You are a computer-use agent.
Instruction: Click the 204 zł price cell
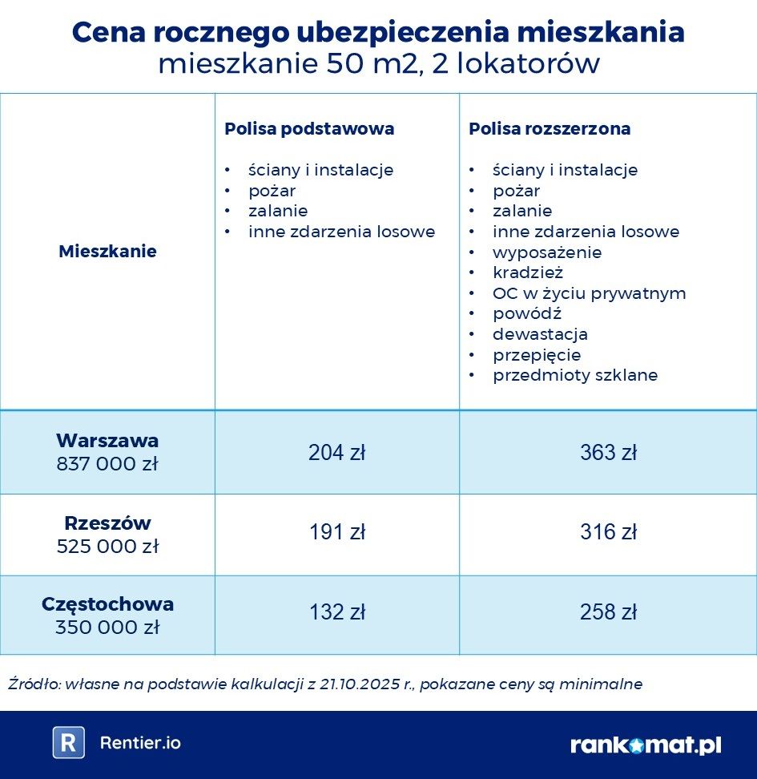pos(336,453)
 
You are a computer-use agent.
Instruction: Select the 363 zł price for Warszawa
pos(608,453)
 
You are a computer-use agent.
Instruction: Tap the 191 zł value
pos(336,532)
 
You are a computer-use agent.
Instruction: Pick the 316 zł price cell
pos(608,532)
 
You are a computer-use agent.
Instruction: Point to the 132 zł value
pos(336,612)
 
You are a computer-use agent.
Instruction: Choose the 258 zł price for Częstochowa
pos(608,612)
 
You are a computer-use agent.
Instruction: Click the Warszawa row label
pos(107,441)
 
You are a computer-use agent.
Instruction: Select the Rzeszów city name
pos(107,523)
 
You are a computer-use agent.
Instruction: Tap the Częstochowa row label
pos(107,604)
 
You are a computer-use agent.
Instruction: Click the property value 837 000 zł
pos(107,464)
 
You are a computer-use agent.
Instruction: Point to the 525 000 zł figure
pos(107,547)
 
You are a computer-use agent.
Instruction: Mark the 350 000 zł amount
pos(107,627)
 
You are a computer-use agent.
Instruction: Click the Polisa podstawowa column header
pos(309,129)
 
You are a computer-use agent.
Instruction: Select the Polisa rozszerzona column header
pos(550,129)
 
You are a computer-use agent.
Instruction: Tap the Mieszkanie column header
pos(107,252)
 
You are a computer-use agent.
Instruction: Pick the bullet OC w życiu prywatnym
pos(589,293)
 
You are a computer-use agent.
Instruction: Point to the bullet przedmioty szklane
pos(574,375)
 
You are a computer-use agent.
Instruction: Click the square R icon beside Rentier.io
pos(69,743)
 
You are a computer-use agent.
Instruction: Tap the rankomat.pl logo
pos(646,745)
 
